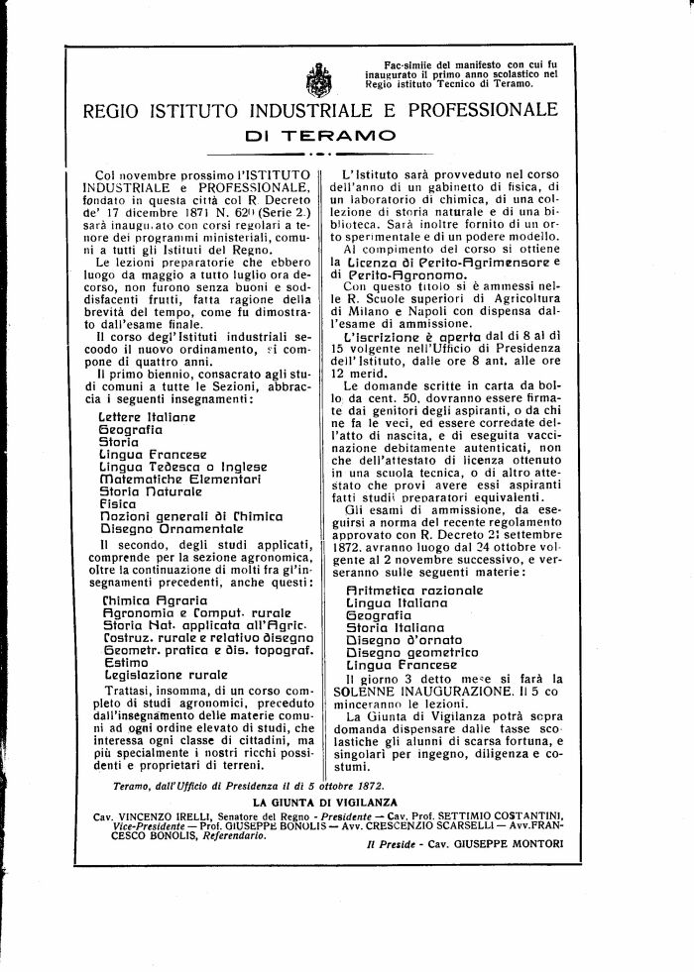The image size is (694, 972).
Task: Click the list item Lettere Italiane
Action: (147, 418)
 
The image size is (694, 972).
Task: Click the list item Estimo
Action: (123, 660)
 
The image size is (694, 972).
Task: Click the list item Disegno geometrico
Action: (411, 651)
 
